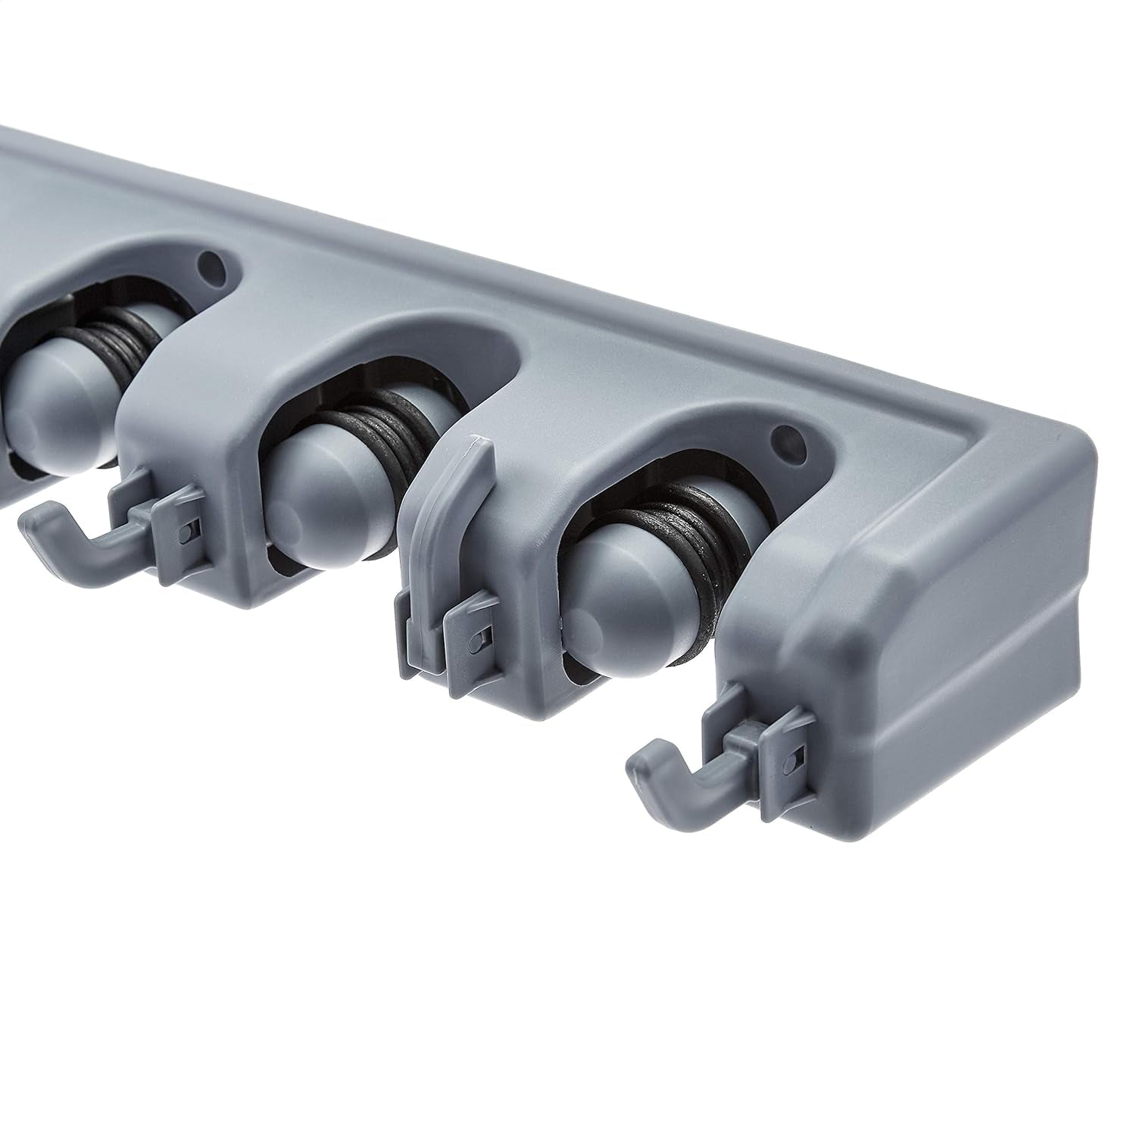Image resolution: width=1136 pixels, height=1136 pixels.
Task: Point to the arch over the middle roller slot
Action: tap(394, 341)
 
